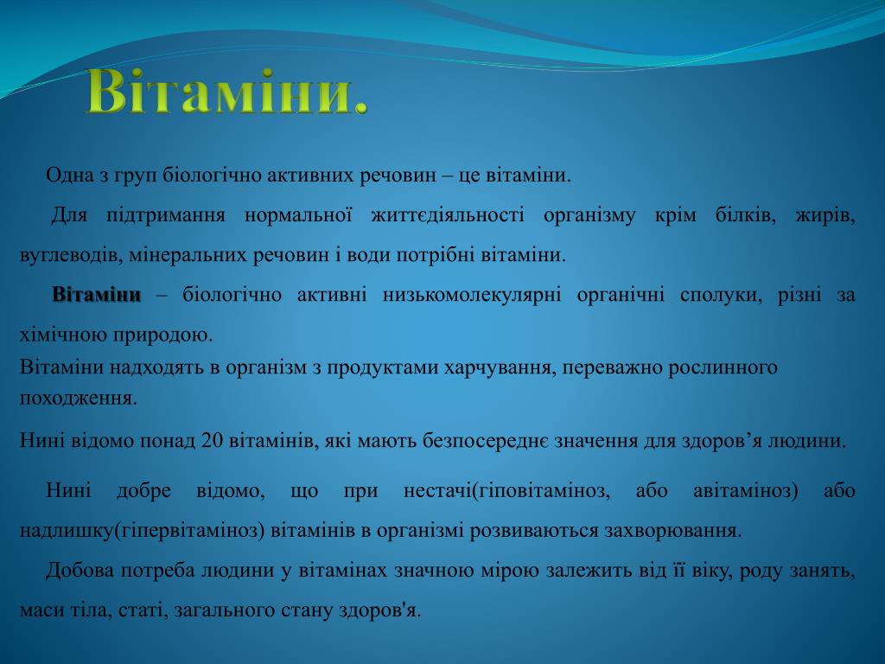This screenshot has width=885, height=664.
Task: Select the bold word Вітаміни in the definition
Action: pyautogui.click(x=97, y=295)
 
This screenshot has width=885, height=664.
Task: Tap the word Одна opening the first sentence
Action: pyautogui.click(x=69, y=175)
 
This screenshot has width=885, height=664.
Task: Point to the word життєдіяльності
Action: pyautogui.click(x=448, y=215)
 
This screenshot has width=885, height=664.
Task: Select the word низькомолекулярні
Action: pyautogui.click(x=472, y=296)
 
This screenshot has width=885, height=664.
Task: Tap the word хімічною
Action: pyautogui.click(x=64, y=335)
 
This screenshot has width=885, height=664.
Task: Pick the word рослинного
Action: pyautogui.click(x=723, y=367)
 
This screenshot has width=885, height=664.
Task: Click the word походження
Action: pyautogui.click(x=79, y=399)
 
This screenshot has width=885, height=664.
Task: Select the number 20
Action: pyautogui.click(x=213, y=440)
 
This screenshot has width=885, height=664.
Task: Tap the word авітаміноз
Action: pyautogui.click(x=745, y=491)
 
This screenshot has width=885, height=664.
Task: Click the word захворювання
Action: pyautogui.click(x=672, y=531)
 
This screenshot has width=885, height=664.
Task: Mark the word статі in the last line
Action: pyautogui.click(x=143, y=610)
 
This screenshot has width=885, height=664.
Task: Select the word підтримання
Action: pyautogui.click(x=166, y=215)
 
